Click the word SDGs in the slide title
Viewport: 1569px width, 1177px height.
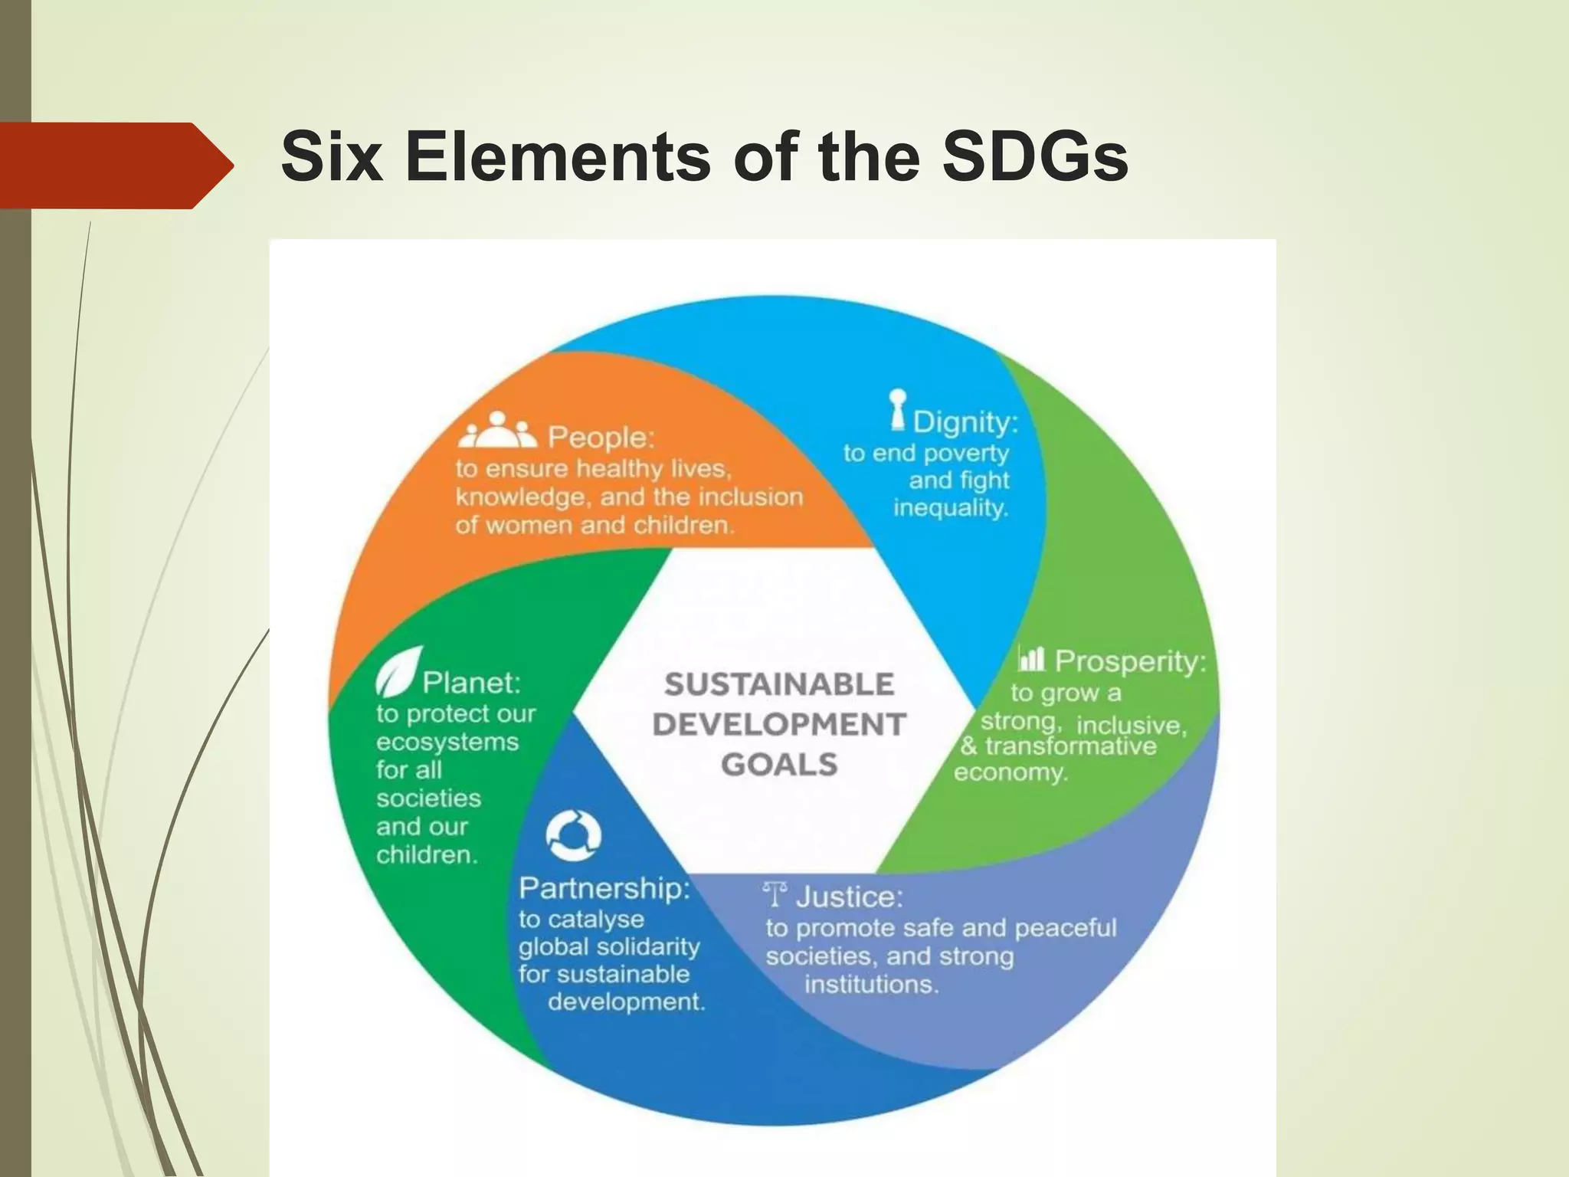(x=1034, y=157)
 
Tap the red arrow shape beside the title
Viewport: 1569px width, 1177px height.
(x=115, y=166)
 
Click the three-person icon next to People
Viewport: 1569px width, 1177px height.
(x=497, y=431)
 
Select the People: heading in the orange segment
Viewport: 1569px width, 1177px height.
(x=601, y=438)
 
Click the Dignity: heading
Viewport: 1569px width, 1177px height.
(x=965, y=422)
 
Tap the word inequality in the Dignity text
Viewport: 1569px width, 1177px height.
(x=951, y=508)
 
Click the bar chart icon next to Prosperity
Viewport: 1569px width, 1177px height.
(x=1031, y=657)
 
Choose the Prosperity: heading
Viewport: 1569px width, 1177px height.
(x=1130, y=661)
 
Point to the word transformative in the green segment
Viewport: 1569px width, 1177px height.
(x=1070, y=746)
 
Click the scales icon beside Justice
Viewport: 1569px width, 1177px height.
(x=775, y=894)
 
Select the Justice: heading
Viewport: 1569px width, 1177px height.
(x=850, y=897)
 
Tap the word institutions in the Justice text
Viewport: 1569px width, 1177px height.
(x=871, y=985)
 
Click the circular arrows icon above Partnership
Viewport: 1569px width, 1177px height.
(x=573, y=835)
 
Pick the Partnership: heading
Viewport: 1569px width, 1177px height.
(x=604, y=888)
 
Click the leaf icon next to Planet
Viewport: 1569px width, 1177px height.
(x=399, y=670)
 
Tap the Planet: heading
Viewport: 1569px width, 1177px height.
(x=471, y=682)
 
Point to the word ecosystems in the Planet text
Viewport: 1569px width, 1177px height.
(x=447, y=742)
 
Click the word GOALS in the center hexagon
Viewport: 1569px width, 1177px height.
(x=779, y=765)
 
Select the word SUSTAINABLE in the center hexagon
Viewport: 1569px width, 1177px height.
(x=779, y=684)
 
